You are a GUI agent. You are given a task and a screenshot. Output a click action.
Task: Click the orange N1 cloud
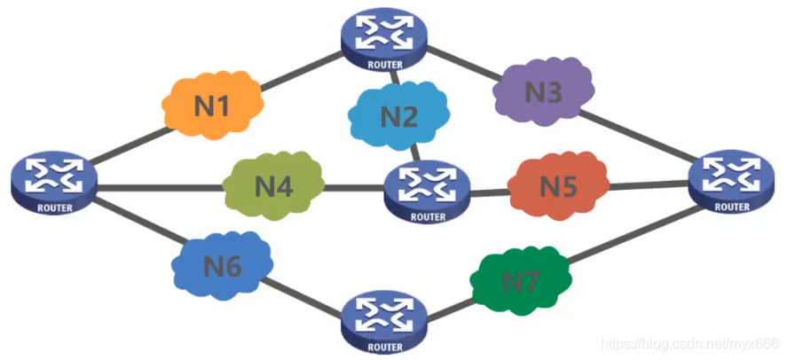pyautogui.click(x=212, y=106)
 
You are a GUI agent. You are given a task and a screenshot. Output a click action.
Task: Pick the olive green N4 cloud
pyautogui.click(x=272, y=186)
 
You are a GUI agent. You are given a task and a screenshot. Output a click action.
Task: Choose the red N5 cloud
pyautogui.click(x=557, y=186)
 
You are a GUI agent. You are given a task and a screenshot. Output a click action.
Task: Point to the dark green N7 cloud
pyautogui.click(x=520, y=281)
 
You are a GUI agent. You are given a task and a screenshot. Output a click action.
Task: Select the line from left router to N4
pyautogui.click(x=160, y=187)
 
